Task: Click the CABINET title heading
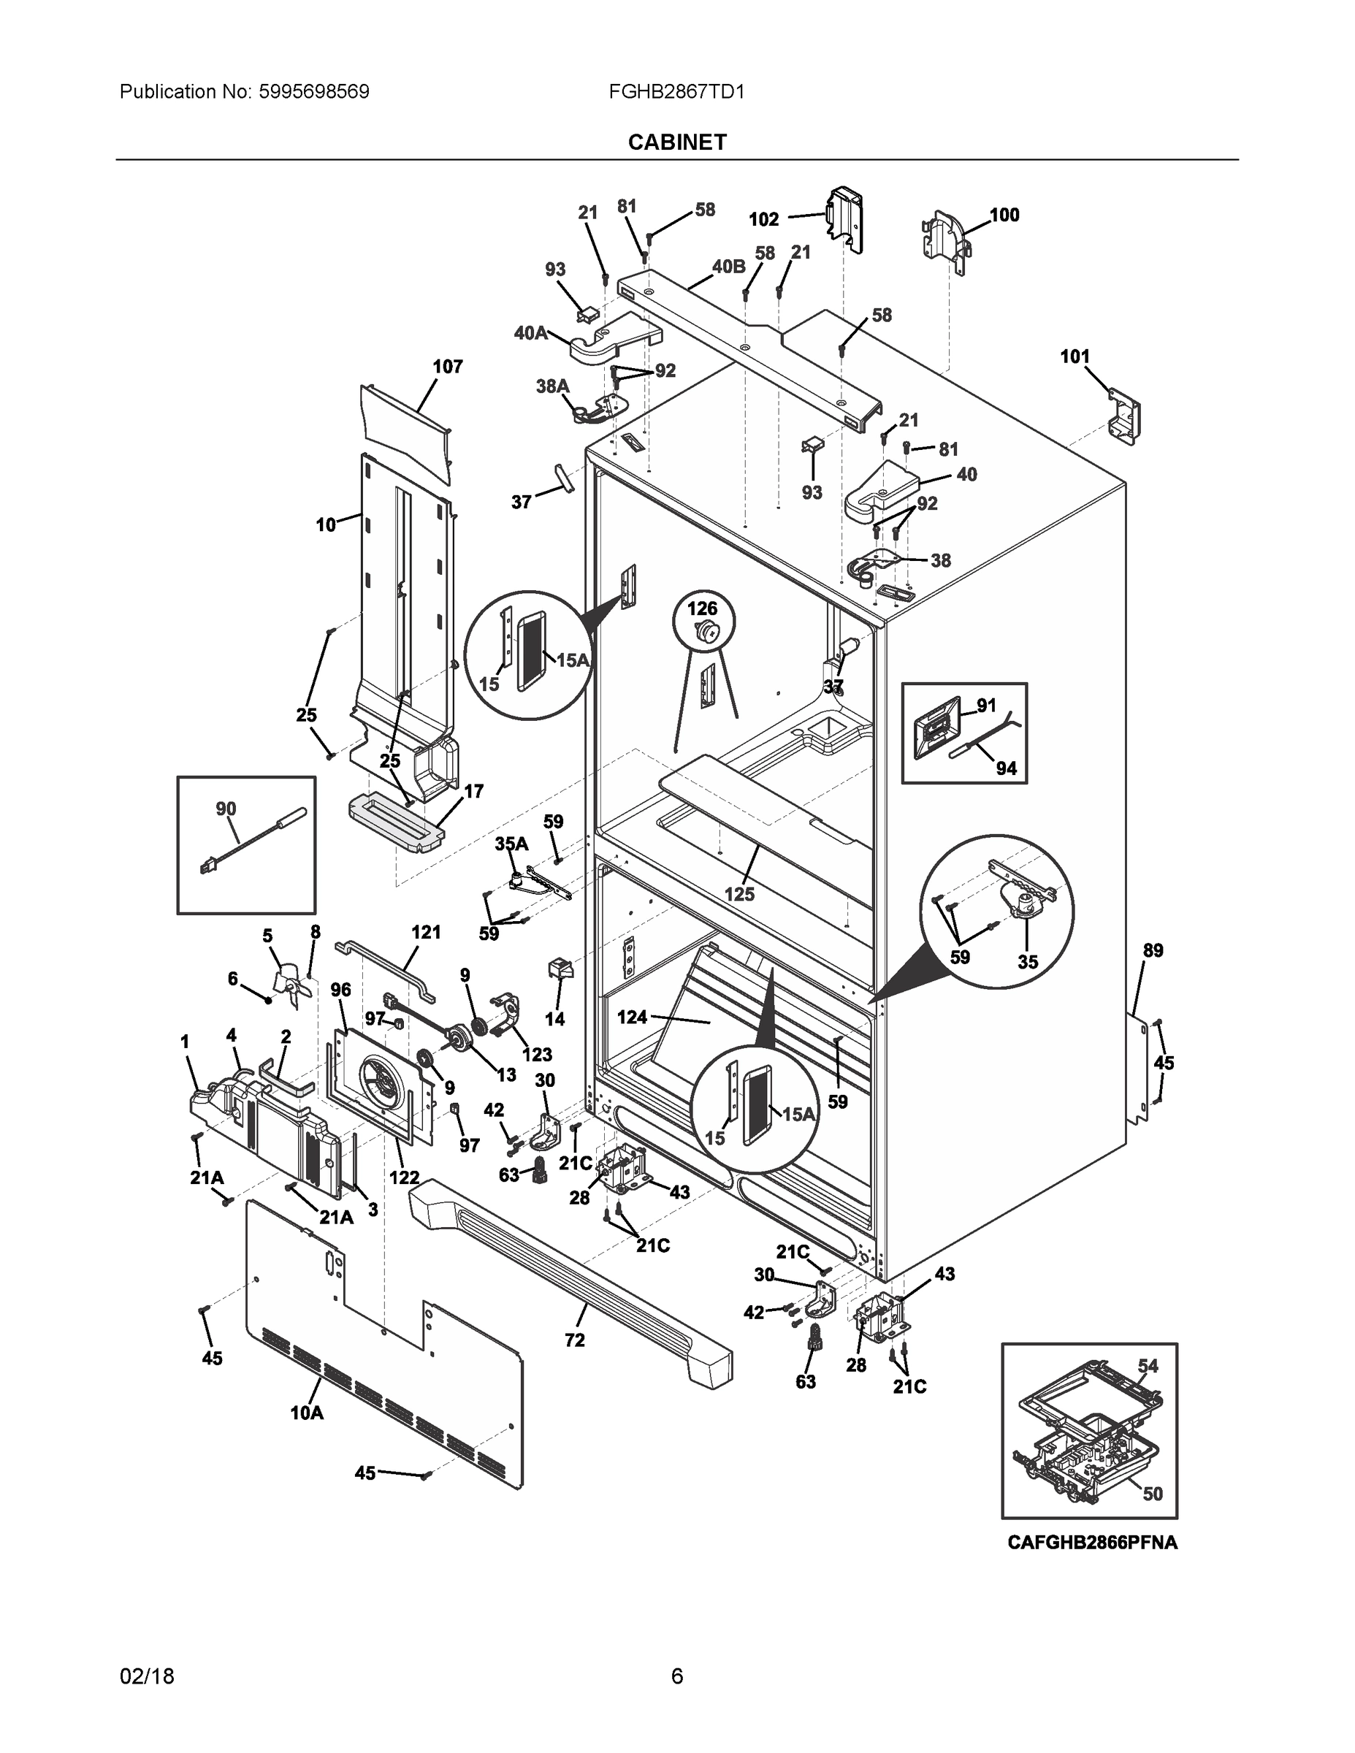[676, 142]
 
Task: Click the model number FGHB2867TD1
[676, 91]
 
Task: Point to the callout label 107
[447, 367]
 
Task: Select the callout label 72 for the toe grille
[575, 1340]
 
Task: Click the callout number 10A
[307, 1413]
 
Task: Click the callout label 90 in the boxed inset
[226, 809]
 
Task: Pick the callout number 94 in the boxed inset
[1006, 768]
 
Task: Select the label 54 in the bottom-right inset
[1148, 1365]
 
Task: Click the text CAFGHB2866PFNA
[1092, 1542]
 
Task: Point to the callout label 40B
[728, 267]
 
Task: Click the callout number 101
[1075, 356]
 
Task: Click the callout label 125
[739, 893]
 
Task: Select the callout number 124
[632, 1017]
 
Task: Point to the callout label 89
[1153, 950]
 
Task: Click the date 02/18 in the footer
[147, 1676]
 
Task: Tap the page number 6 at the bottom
[676, 1676]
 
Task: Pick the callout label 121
[427, 932]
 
